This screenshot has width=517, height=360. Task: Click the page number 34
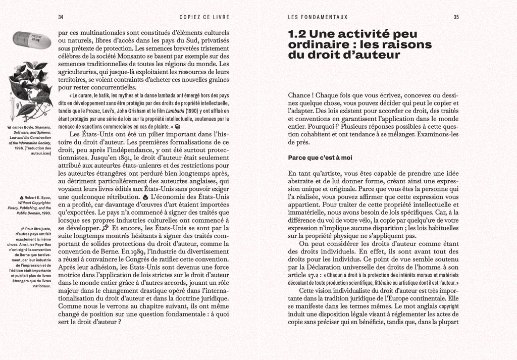point(61,17)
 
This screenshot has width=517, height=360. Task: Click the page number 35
point(456,17)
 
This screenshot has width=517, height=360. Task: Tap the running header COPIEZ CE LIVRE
point(204,17)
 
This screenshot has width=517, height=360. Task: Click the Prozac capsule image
point(31,40)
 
